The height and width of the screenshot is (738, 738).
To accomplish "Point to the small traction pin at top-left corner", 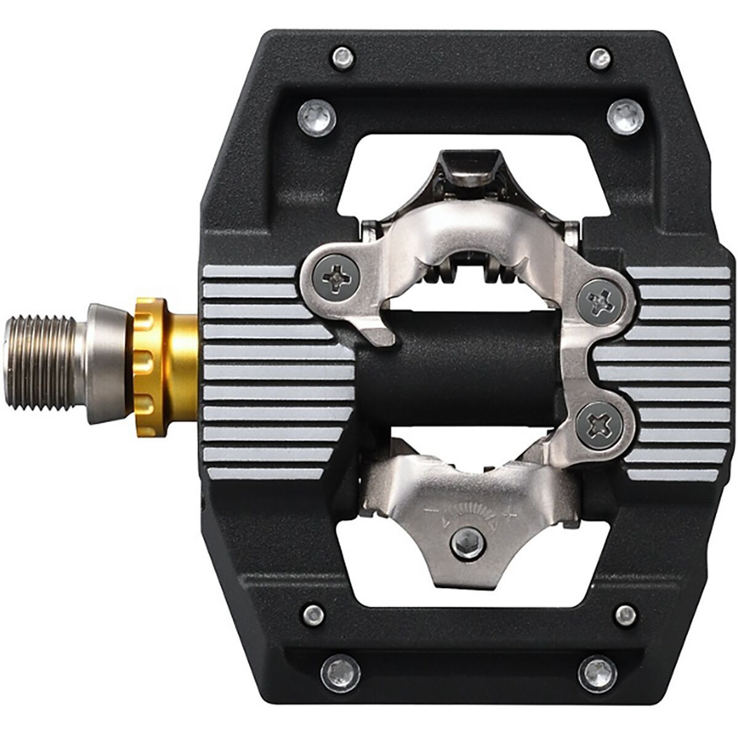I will click(x=343, y=58).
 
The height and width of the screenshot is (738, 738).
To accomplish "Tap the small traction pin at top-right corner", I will click(x=598, y=58).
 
